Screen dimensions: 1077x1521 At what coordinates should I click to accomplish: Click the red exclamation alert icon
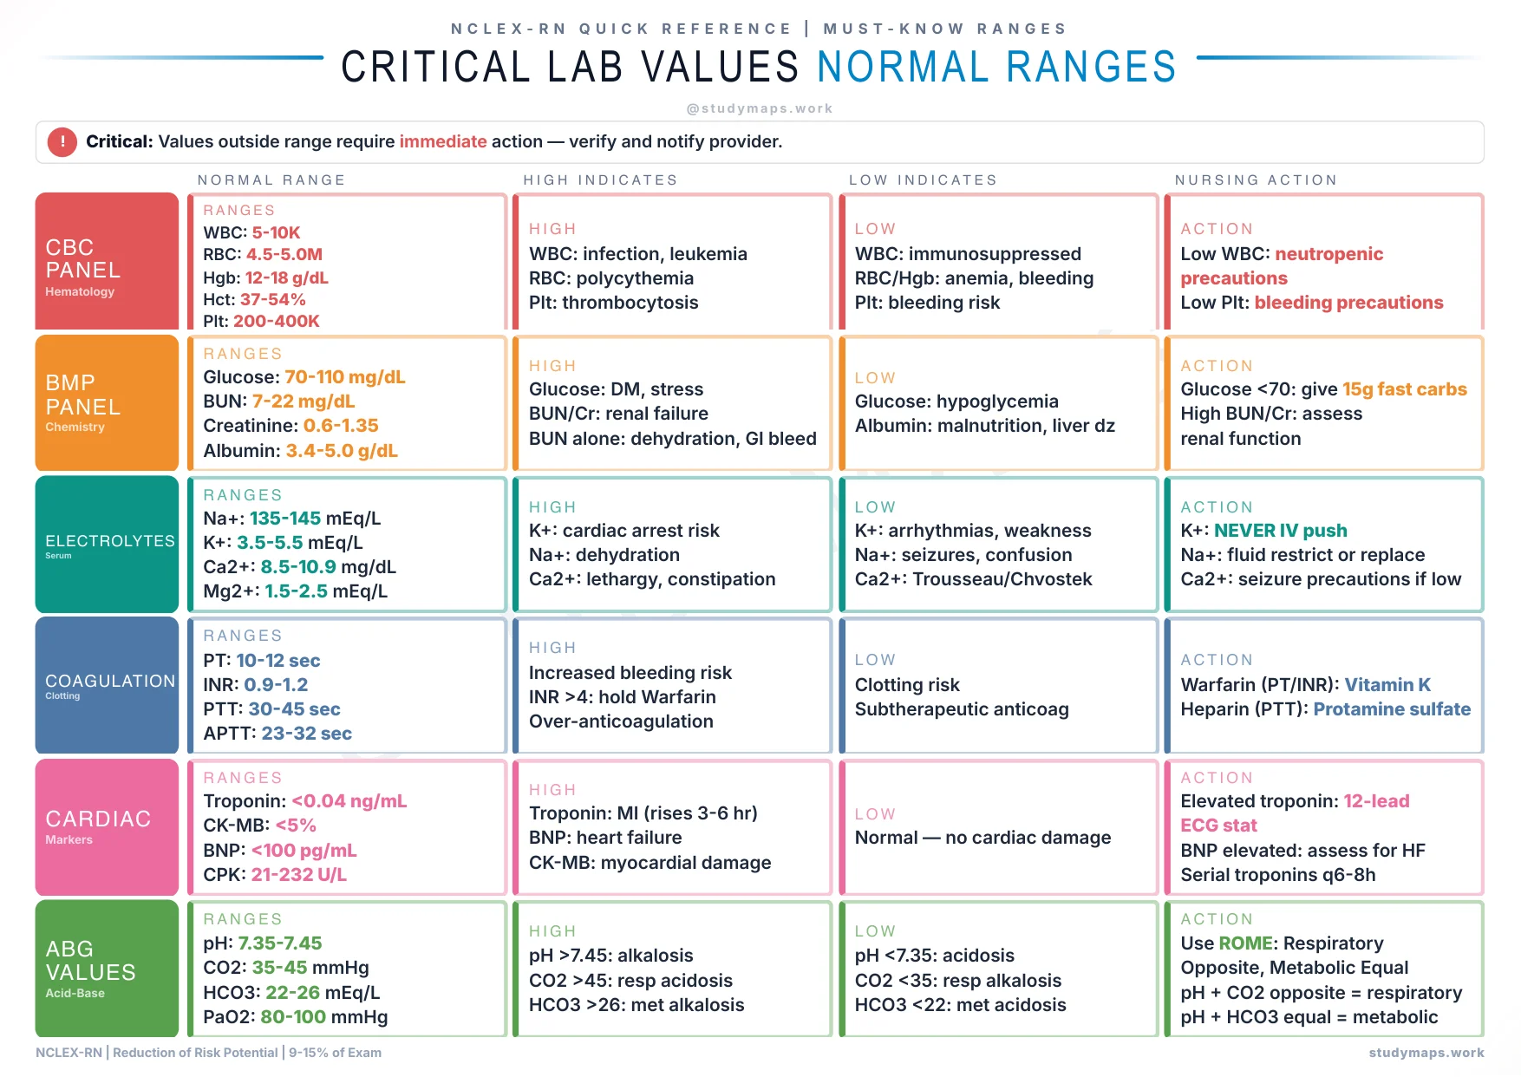(x=62, y=141)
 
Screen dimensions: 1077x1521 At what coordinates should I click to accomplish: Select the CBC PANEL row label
(x=83, y=259)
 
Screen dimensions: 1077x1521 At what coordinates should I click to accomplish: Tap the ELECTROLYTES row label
(x=109, y=541)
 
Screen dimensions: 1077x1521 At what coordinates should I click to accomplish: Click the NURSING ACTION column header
(x=1256, y=179)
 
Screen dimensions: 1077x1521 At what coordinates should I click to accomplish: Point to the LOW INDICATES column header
(x=923, y=179)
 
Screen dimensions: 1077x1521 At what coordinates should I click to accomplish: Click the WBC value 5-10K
(x=276, y=232)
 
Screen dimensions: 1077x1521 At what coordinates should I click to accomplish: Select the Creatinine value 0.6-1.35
(x=341, y=426)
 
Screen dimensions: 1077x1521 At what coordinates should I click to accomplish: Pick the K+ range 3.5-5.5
(x=270, y=543)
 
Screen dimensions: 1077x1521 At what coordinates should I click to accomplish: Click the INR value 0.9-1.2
(x=276, y=685)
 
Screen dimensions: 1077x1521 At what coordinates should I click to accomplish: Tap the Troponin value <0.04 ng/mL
(x=349, y=801)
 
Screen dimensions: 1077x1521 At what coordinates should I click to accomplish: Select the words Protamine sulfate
(x=1391, y=709)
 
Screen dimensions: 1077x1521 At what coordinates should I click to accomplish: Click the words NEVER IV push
(x=1280, y=531)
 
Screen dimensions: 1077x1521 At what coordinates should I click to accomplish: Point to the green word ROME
(x=1245, y=943)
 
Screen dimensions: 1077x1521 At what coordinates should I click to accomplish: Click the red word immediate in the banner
(x=442, y=141)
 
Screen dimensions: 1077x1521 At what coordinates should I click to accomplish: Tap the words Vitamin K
(x=1387, y=685)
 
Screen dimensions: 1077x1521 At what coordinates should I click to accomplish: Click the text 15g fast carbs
(x=1404, y=389)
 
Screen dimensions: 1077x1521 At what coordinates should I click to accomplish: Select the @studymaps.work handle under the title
(x=759, y=108)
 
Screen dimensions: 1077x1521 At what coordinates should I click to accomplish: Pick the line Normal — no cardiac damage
(x=982, y=838)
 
